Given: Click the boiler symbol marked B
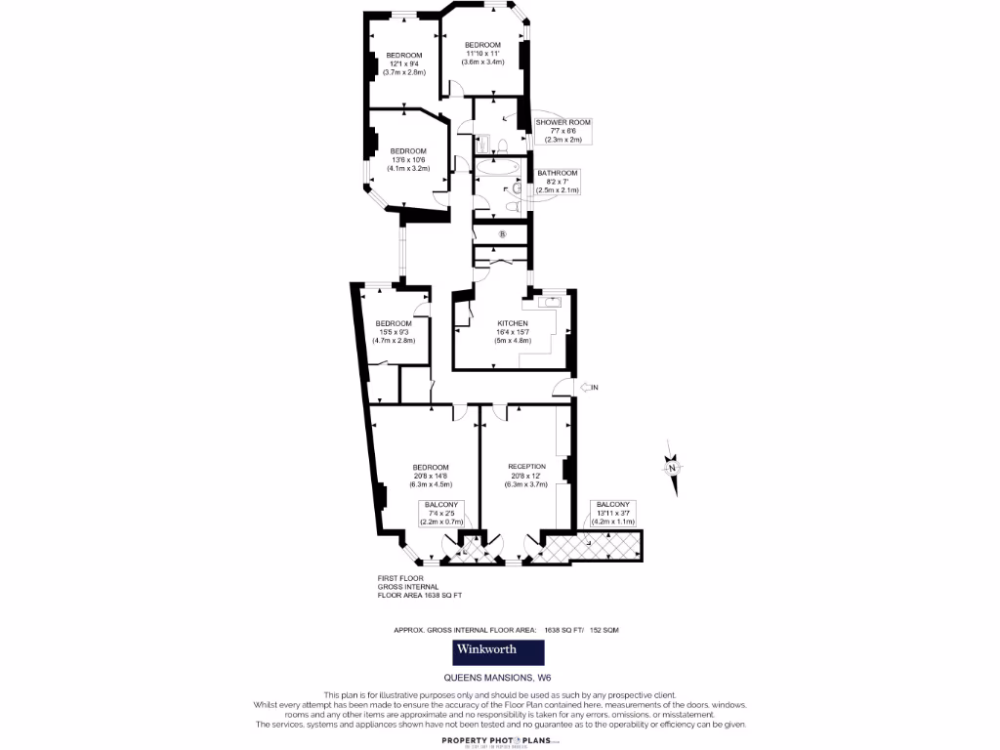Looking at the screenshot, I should pyautogui.click(x=503, y=234).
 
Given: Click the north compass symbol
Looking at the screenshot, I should pyautogui.click(x=672, y=468).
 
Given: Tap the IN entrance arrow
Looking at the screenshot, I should pyautogui.click(x=589, y=388).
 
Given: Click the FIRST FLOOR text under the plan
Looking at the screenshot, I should pyautogui.click(x=399, y=578).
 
